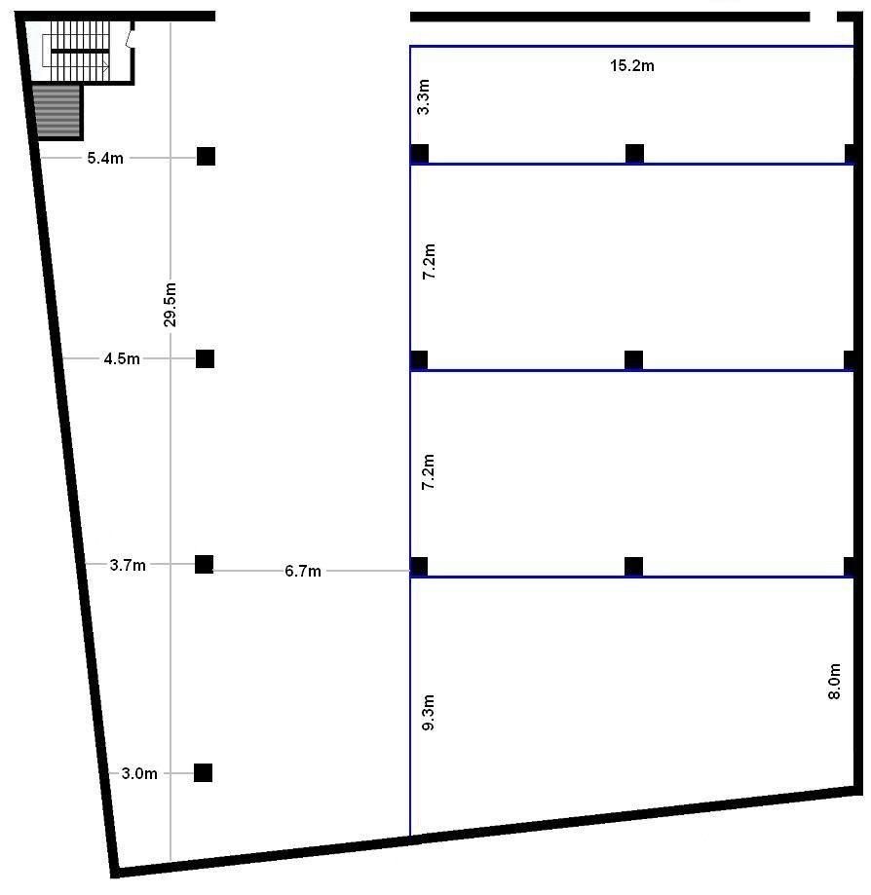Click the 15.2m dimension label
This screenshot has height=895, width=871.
[631, 65]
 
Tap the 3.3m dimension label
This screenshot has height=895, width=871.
[423, 97]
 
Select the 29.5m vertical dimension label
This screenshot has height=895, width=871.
[170, 304]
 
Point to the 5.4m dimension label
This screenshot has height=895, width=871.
[105, 158]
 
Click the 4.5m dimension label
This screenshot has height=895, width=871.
[122, 359]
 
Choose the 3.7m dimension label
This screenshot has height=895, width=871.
[128, 565]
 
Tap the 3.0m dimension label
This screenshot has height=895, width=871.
[139, 773]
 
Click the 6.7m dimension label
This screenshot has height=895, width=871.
[303, 571]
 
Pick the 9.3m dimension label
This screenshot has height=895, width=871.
[428, 712]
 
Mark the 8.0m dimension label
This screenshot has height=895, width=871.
[834, 682]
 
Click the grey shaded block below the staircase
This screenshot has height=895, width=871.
[57, 111]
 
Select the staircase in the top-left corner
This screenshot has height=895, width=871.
[75, 51]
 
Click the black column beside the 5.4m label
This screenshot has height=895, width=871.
[207, 156]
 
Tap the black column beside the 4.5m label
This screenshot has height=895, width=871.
[205, 359]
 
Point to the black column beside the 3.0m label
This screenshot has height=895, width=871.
[204, 773]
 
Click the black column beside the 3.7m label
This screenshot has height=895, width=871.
[204, 565]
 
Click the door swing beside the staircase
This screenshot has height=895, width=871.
[131, 39]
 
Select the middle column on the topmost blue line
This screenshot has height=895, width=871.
[634, 154]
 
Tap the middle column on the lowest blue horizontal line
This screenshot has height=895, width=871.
[633, 566]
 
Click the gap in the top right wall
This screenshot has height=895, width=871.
[823, 17]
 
